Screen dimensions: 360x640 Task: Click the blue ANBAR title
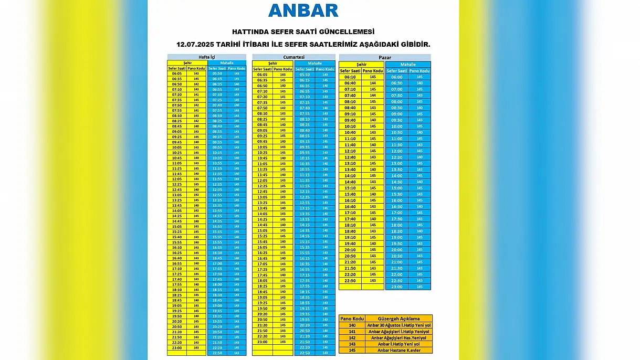pyautogui.click(x=303, y=10)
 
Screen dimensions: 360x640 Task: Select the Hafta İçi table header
pyautogui.click(x=206, y=57)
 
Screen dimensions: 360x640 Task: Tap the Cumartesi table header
pyautogui.click(x=293, y=57)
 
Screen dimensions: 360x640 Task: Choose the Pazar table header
pyautogui.click(x=384, y=57)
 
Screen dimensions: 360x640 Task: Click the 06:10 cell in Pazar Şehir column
pyautogui.click(x=350, y=77)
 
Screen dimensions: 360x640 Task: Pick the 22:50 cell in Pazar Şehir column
pyautogui.click(x=350, y=281)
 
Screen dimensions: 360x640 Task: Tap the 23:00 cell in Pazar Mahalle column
pyautogui.click(x=396, y=287)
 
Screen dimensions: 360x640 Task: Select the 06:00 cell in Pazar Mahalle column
pyautogui.click(x=396, y=77)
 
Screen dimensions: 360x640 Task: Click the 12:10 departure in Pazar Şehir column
pyautogui.click(x=350, y=151)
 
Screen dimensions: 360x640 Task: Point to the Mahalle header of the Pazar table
pyautogui.click(x=408, y=65)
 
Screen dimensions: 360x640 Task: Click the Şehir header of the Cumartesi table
pyautogui.click(x=272, y=63)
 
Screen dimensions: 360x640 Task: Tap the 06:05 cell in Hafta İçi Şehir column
pyautogui.click(x=177, y=73)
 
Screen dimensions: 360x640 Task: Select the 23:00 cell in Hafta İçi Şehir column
pyautogui.click(x=177, y=347)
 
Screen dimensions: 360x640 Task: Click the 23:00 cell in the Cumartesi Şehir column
pyautogui.click(x=262, y=342)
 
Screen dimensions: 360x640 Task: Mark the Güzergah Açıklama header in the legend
pyautogui.click(x=398, y=319)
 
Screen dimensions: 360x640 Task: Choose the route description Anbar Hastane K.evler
pyautogui.click(x=398, y=350)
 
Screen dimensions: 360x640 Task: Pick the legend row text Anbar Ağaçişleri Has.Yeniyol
pyautogui.click(x=398, y=337)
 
